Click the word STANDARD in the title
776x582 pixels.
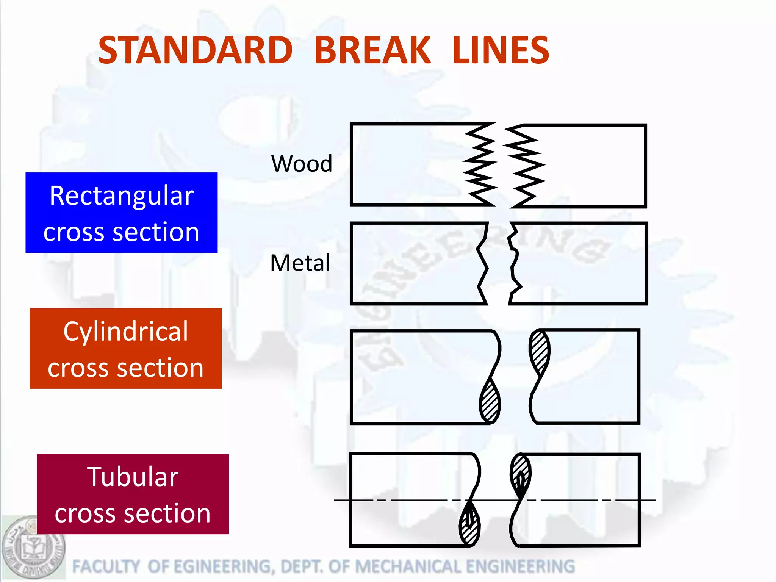[x=195, y=50]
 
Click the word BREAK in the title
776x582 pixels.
[x=372, y=50]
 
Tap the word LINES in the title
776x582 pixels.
[x=501, y=50]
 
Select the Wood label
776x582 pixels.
[x=302, y=164]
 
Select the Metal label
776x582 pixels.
[x=300, y=263]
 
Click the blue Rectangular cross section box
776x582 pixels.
[x=121, y=213]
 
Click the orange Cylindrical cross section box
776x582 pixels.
[x=126, y=348]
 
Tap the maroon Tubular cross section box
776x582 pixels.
[x=133, y=494]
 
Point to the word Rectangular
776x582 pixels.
[x=122, y=196]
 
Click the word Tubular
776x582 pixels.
[x=133, y=477]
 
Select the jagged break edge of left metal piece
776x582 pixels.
[x=482, y=263]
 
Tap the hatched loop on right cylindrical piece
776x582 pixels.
[x=540, y=351]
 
